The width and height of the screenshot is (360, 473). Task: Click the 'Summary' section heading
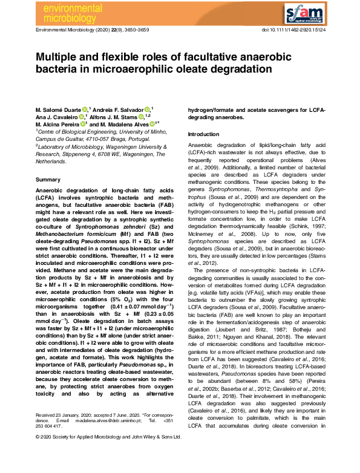click(x=48, y=180)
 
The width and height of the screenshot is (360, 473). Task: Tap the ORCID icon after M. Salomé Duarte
click(x=86, y=109)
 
